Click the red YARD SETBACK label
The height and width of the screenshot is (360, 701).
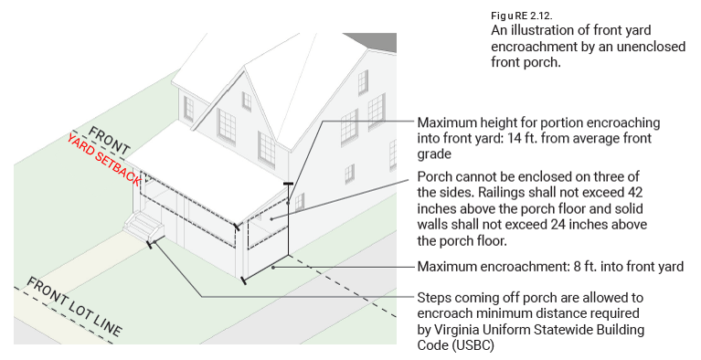click(104, 159)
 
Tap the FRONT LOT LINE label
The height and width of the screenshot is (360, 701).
click(74, 306)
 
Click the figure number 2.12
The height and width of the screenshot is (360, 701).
click(541, 16)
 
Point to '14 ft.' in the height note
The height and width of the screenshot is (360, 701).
click(522, 138)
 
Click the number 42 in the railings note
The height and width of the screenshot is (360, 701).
click(635, 192)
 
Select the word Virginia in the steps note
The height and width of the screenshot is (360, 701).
click(457, 330)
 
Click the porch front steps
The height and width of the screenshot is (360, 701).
click(143, 224)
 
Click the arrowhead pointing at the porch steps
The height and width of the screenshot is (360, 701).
click(154, 242)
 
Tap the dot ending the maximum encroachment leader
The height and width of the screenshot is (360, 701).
click(273, 268)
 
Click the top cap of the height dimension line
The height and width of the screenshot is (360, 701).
click(289, 184)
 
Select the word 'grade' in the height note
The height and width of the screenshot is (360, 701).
click(433, 154)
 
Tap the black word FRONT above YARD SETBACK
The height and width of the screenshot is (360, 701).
click(110, 141)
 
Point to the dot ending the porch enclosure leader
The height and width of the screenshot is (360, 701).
click(271, 218)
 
